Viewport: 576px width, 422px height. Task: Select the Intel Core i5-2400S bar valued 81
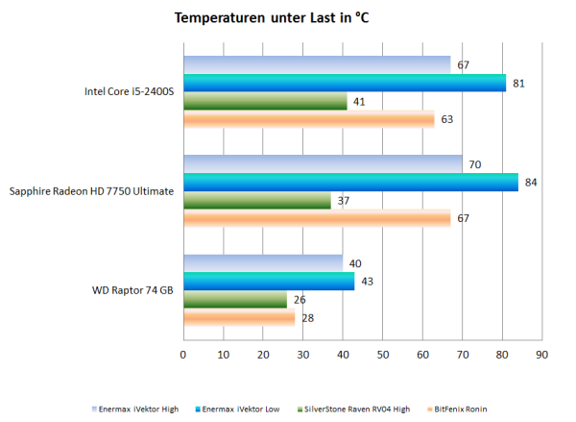344,83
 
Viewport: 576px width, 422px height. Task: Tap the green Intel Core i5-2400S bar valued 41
265,101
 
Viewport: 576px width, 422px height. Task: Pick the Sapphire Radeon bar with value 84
350,182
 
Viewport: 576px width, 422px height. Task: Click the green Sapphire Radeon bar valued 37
257,200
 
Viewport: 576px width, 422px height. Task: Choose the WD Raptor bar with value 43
269,281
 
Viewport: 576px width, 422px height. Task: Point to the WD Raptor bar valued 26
235,300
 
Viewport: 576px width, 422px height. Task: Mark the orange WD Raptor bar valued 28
239,318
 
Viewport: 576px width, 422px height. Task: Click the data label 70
474,164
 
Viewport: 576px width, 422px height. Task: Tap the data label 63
446,120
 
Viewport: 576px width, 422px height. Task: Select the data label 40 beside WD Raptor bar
354,263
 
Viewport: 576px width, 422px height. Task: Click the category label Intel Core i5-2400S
129,92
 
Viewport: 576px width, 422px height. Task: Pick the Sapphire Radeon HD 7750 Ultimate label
91,191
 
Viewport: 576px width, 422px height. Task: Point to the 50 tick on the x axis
382,355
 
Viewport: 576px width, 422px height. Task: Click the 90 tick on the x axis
541,355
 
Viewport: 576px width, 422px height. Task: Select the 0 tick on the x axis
183,355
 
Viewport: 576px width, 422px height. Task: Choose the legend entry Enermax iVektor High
137,409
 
